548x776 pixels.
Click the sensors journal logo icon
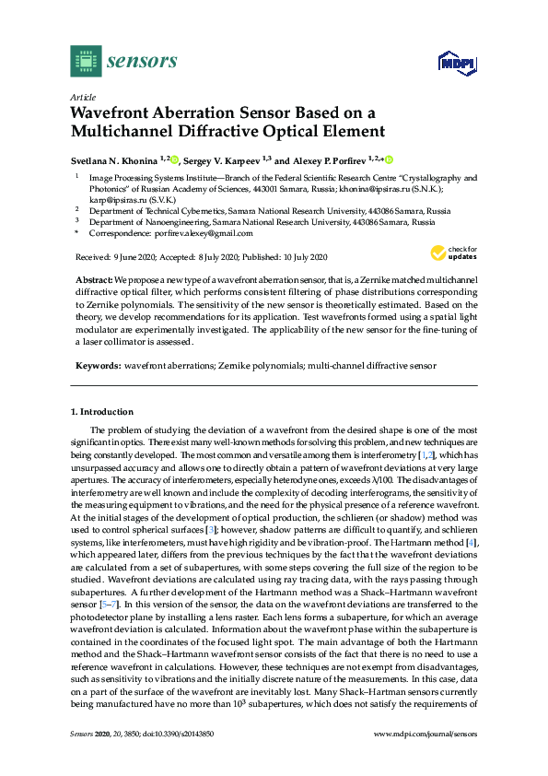[85, 62]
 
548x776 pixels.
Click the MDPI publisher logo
[449, 64]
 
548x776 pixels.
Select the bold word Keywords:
[98, 366]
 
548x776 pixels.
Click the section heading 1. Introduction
[101, 410]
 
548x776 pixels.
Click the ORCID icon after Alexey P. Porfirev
[388, 159]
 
